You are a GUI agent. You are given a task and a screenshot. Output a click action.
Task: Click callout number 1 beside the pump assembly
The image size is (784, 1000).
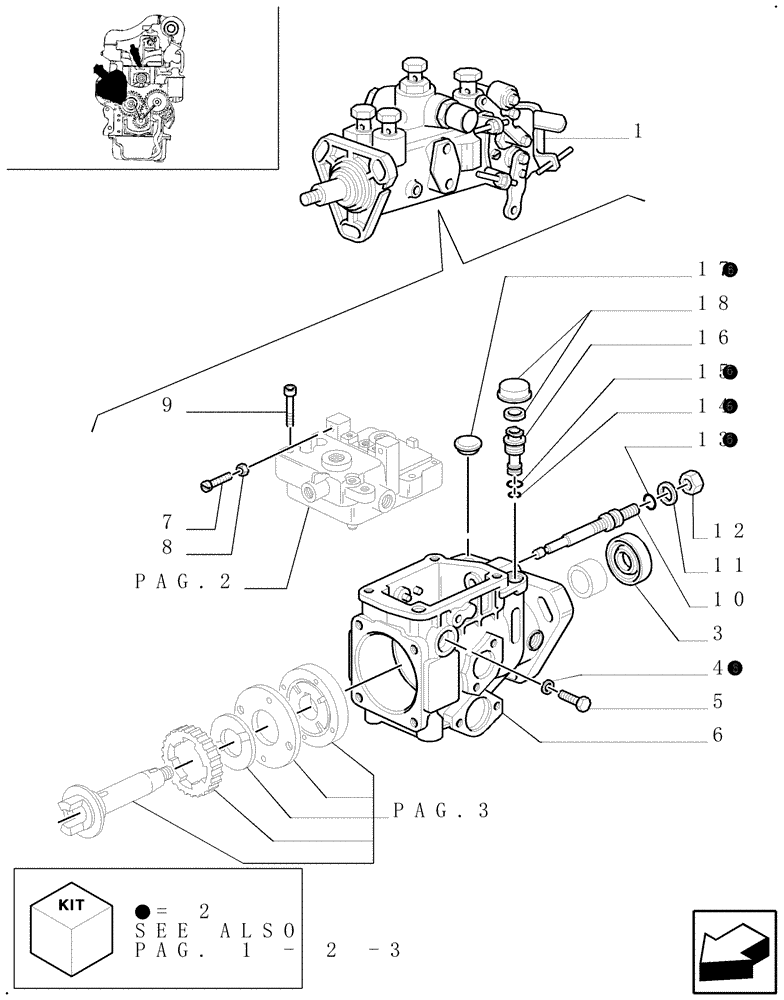[637, 131]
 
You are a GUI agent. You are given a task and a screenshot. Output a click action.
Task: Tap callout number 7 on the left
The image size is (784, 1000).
[167, 522]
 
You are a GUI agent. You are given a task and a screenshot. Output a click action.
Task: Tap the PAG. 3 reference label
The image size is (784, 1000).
[441, 811]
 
